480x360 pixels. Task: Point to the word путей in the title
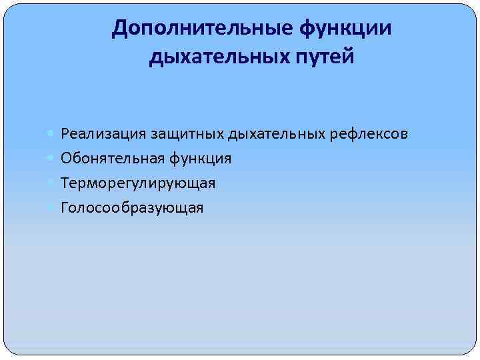[x=321, y=57]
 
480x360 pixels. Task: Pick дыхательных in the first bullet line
[x=277, y=134]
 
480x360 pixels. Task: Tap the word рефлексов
[x=369, y=134]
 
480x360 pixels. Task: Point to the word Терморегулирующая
[x=138, y=183]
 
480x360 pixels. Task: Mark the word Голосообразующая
[x=132, y=208]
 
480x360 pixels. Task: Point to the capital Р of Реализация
[x=64, y=134]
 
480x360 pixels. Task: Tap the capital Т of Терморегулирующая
[x=65, y=183]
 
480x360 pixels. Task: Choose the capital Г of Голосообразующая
[x=64, y=208]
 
